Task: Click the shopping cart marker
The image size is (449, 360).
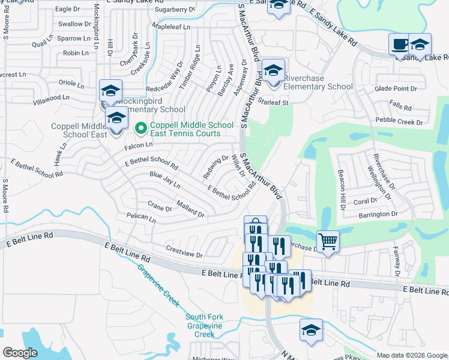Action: (328, 241)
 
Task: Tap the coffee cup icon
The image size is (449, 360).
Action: (400, 45)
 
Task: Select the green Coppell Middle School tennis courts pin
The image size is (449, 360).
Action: (141, 128)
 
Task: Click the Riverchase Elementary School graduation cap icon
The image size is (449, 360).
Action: (273, 71)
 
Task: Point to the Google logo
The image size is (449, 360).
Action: (20, 353)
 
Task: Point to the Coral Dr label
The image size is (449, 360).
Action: (364, 202)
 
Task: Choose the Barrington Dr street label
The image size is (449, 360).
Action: (378, 214)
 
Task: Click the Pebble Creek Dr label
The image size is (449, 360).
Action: (399, 121)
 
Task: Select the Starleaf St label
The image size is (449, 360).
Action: (274, 103)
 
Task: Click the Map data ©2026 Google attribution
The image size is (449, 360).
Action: (412, 355)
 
